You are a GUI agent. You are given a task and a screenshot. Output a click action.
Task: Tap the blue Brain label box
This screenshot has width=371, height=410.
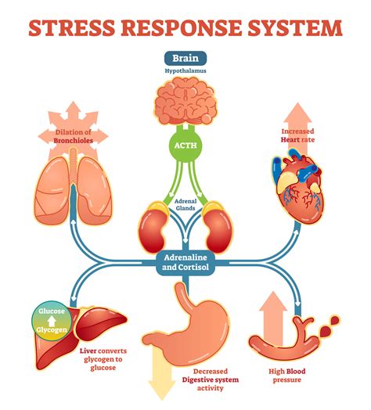tap(185, 58)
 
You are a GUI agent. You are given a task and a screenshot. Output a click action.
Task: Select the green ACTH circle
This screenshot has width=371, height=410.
tap(185, 144)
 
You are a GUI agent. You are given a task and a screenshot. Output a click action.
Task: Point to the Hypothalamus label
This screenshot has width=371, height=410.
tap(185, 71)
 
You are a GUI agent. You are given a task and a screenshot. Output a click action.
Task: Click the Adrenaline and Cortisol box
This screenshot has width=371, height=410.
tap(185, 261)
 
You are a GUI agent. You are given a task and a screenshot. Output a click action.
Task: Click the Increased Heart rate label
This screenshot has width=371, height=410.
tap(301, 135)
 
